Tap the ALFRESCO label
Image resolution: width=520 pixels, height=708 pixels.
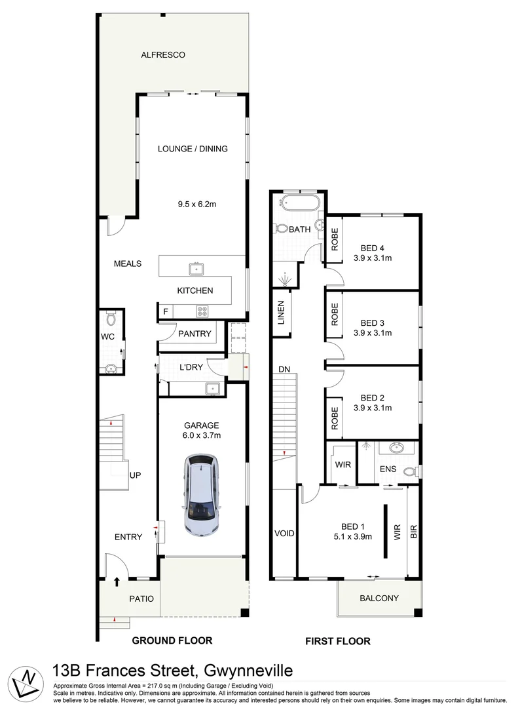163,55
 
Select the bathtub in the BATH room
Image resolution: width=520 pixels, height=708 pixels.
299,203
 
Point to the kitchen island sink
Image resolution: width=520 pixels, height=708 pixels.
195,267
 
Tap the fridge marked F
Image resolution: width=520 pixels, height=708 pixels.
166,311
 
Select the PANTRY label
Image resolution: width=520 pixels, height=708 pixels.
195,334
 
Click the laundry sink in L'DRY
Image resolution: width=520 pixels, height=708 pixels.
212,388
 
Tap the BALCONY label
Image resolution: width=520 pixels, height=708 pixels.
379,598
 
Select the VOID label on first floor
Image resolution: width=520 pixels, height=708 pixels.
284,534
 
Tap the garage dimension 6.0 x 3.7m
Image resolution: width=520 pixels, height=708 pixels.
201,435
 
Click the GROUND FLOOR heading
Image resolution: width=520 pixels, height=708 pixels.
172,640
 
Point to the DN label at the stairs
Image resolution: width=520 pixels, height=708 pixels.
284,370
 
